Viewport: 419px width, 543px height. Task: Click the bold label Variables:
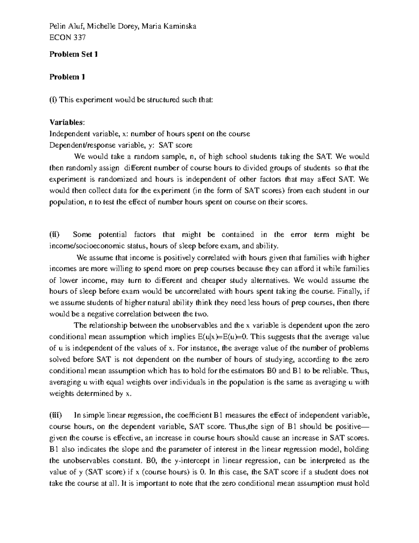coord(67,122)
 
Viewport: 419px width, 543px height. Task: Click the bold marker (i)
coord(53,100)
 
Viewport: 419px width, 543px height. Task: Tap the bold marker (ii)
coord(54,235)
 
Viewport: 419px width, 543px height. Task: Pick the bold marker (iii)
coord(56,415)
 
